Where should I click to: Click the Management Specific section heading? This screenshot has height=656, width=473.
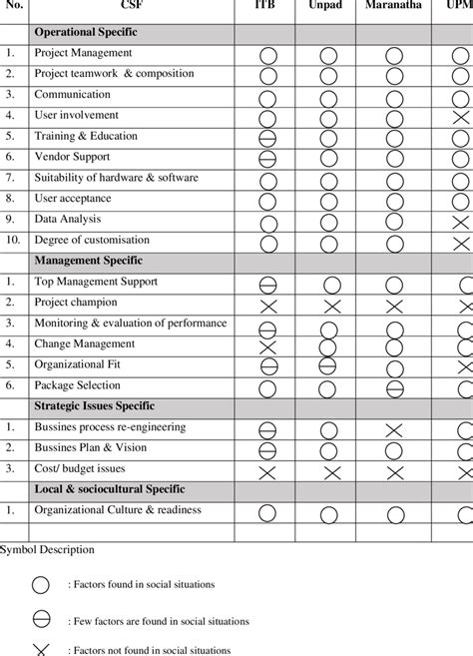[89, 261]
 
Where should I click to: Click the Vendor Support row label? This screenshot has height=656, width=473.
[73, 157]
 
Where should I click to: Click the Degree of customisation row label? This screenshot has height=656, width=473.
[92, 240]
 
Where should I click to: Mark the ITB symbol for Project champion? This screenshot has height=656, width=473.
[267, 306]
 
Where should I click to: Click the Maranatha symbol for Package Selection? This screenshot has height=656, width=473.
[394, 388]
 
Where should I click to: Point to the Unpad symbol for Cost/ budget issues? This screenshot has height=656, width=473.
[331, 472]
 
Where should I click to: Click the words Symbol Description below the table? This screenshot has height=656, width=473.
[48, 549]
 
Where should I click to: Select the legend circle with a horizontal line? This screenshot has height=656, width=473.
[41, 620]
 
